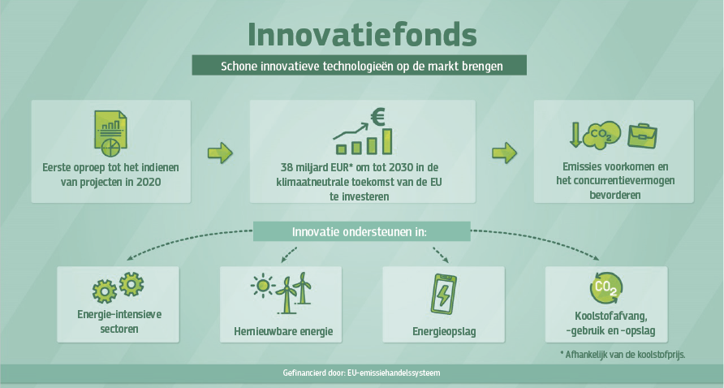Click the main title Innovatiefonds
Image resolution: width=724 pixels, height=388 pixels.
pyautogui.click(x=362, y=35)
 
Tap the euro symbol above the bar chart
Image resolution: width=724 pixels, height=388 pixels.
pyautogui.click(x=377, y=117)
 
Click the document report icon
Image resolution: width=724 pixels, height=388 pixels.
pyautogui.click(x=111, y=133)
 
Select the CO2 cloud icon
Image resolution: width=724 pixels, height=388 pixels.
pyautogui.click(x=601, y=135)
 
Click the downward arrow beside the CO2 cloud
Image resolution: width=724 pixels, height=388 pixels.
pyautogui.click(x=575, y=135)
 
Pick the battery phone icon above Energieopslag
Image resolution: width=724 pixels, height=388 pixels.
pyautogui.click(x=443, y=294)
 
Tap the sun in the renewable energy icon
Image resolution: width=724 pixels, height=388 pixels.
pyautogui.click(x=263, y=286)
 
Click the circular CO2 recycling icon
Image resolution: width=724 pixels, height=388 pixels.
pyautogui.click(x=606, y=288)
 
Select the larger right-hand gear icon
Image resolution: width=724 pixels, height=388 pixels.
pyautogui.click(x=131, y=284)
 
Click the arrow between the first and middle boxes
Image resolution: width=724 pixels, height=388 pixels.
pyautogui.click(x=220, y=153)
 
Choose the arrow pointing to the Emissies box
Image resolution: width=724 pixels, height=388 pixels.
pyautogui.click(x=504, y=153)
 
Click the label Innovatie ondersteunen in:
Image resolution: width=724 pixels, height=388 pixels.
pyautogui.click(x=360, y=231)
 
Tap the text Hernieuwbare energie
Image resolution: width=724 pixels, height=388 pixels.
pyautogui.click(x=283, y=332)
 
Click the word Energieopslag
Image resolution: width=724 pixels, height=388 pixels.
pyautogui.click(x=444, y=332)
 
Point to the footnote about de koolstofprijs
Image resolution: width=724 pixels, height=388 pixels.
pyautogui.click(x=623, y=355)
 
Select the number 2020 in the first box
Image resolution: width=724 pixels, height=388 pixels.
pyautogui.click(x=149, y=182)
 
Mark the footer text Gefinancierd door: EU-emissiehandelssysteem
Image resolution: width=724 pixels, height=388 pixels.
pyautogui.click(x=361, y=373)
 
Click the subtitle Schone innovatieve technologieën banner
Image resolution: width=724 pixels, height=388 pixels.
pyautogui.click(x=360, y=65)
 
